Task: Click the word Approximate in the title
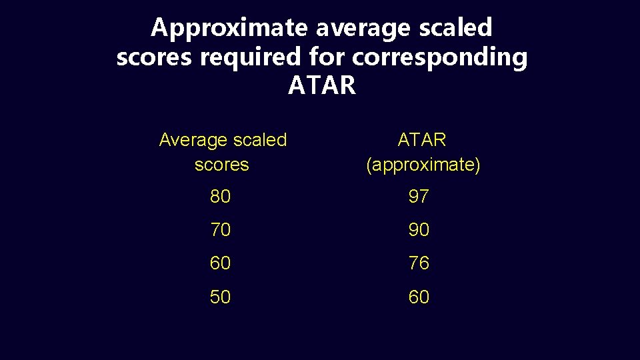click(229, 28)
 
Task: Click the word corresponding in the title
click(440, 57)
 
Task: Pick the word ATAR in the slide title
click(322, 86)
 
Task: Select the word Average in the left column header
click(193, 140)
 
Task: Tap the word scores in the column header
click(221, 165)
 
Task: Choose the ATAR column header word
click(422, 140)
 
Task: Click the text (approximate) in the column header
click(423, 165)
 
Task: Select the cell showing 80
click(220, 197)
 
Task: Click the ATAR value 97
click(419, 197)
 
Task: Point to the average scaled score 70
click(220, 230)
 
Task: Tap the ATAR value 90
click(419, 230)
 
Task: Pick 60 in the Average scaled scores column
click(220, 263)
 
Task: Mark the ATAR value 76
click(419, 263)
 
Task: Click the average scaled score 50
click(220, 297)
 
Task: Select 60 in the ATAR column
click(419, 297)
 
